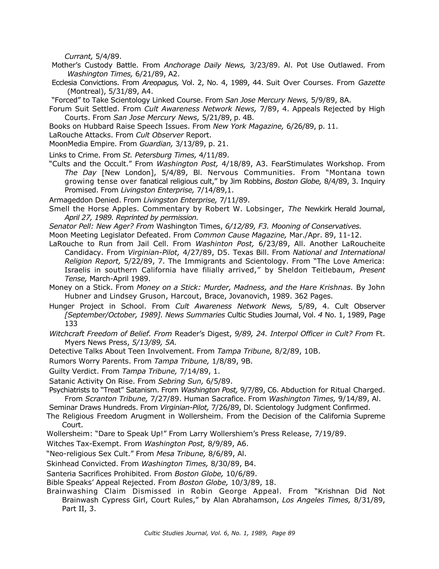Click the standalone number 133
click(71, 324)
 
